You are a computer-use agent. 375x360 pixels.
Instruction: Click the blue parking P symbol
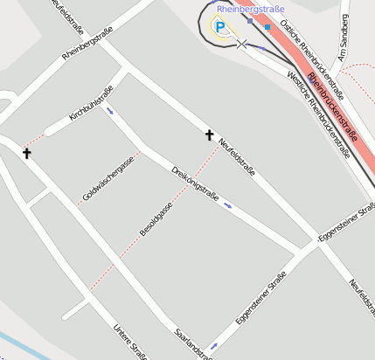point(220,27)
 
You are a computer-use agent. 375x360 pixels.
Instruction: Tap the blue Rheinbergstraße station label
point(251,9)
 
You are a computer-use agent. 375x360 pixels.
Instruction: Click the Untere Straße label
point(130,342)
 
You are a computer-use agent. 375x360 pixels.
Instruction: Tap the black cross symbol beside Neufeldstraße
point(209,135)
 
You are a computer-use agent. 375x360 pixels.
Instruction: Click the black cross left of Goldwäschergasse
point(26,153)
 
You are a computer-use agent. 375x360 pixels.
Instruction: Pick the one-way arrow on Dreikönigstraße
point(227,205)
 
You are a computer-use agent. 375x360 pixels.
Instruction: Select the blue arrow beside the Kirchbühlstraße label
point(109,110)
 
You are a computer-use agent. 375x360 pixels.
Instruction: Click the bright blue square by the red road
point(267,26)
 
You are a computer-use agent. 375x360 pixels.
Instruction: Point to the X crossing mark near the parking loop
point(241,43)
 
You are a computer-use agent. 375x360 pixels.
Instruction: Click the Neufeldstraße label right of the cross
point(237,157)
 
